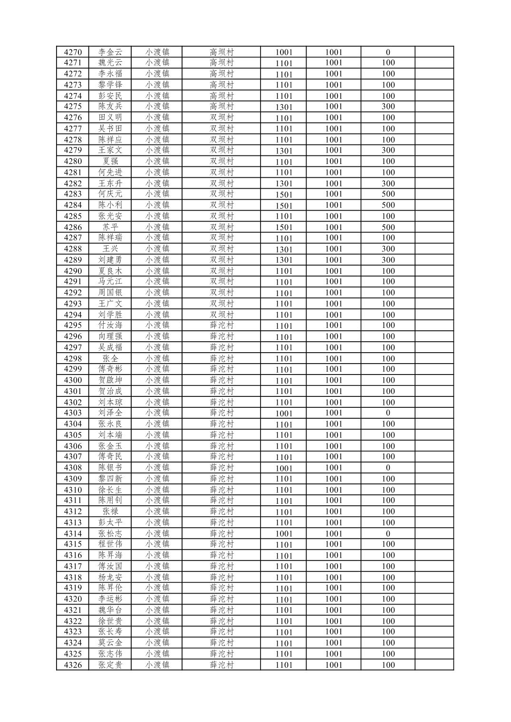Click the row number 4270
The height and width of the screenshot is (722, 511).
click(x=73, y=52)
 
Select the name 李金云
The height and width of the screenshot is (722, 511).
click(x=110, y=52)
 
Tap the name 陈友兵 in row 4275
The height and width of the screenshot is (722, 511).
click(x=110, y=106)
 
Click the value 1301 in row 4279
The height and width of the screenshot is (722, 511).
click(x=284, y=151)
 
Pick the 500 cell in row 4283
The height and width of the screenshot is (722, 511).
click(x=388, y=194)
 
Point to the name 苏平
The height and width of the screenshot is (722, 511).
click(x=110, y=227)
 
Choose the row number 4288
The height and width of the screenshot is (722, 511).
click(x=73, y=249)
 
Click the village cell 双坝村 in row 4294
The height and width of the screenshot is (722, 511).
click(x=222, y=315)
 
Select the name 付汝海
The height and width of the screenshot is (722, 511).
click(x=110, y=326)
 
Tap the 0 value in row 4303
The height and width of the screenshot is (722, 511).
click(x=388, y=413)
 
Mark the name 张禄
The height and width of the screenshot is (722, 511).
click(x=110, y=511)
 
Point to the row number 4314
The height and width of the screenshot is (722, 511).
click(x=73, y=533)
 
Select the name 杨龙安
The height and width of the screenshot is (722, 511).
click(x=110, y=577)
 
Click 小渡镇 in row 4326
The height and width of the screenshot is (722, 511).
click(x=157, y=664)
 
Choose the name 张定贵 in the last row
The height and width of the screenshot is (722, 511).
click(x=110, y=664)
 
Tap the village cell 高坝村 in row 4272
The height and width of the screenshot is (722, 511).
click(x=222, y=74)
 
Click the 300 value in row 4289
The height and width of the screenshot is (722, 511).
click(x=388, y=260)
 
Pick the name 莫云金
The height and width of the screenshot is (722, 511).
click(x=110, y=643)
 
